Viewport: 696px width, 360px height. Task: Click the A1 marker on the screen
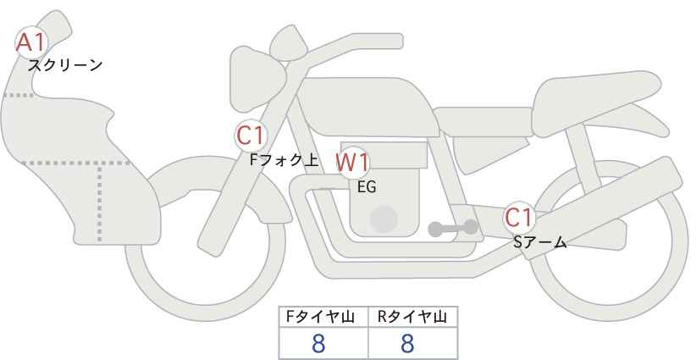pyautogui.click(x=31, y=42)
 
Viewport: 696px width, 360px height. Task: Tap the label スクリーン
pyautogui.click(x=65, y=65)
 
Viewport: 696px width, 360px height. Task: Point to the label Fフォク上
pyautogui.click(x=284, y=160)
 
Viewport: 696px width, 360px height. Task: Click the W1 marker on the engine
pyautogui.click(x=352, y=163)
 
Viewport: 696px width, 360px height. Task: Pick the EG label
pyautogui.click(x=367, y=187)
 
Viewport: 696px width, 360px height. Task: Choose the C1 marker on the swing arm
pyautogui.click(x=519, y=218)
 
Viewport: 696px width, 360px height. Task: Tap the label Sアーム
pyautogui.click(x=540, y=242)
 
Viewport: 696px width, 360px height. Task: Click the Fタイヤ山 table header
pyautogui.click(x=320, y=317)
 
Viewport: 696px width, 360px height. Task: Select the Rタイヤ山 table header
pyautogui.click(x=413, y=317)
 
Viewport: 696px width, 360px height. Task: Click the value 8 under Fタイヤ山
pyautogui.click(x=318, y=343)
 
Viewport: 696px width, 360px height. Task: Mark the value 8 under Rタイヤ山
pyautogui.click(x=407, y=343)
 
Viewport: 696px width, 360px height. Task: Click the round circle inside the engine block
pyautogui.click(x=384, y=219)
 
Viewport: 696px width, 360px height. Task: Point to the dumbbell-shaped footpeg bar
pyautogui.click(x=453, y=228)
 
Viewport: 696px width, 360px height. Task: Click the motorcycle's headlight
pyautogui.click(x=257, y=80)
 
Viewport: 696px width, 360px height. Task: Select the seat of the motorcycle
pyautogui.click(x=594, y=100)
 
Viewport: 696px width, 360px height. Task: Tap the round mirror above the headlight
pyautogui.click(x=289, y=43)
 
